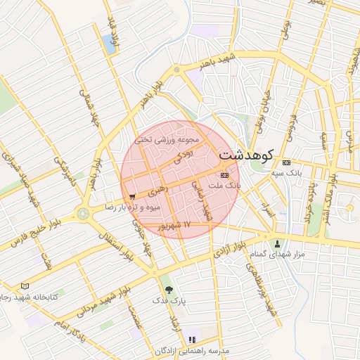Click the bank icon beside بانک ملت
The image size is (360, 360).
(x=224, y=175)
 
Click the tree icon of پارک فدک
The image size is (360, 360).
(x=167, y=289)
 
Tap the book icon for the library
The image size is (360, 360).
(x=26, y=286)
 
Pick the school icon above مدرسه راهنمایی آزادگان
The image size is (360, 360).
(x=192, y=340)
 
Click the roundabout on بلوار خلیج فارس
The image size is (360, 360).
(x=84, y=212)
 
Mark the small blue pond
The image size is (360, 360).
(x=109, y=44)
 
